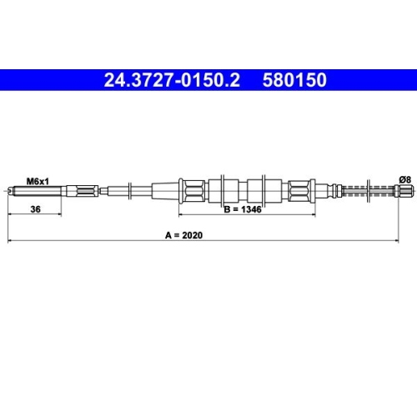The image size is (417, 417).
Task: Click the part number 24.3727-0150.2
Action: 172,80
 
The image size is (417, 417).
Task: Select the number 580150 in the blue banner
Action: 294,80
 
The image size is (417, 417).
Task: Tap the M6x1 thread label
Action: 38,182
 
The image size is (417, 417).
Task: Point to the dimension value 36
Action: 35,209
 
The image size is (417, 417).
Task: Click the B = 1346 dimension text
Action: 243,209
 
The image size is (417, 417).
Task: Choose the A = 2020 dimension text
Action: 183,235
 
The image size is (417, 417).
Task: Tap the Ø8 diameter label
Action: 405,179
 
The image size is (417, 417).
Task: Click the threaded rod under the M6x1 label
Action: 35,191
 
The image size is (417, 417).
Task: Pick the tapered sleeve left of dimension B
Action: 165,191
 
